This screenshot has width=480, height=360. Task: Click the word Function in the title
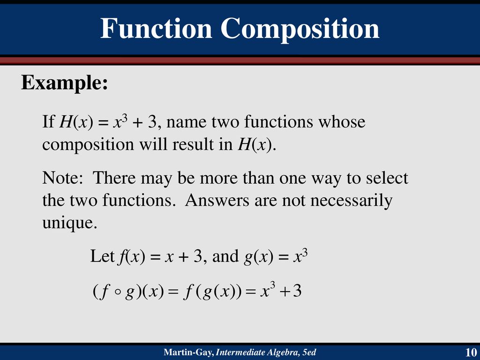point(156,28)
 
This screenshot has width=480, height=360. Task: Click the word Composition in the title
point(300,30)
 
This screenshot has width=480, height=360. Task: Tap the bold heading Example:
point(65,82)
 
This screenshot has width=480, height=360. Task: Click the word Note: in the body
point(62,178)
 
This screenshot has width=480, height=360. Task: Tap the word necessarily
point(352,201)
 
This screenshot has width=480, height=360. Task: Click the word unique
point(70,223)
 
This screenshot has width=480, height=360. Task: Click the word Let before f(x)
point(102,256)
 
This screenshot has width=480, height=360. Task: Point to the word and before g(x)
point(225,256)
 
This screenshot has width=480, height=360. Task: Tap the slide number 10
point(471,352)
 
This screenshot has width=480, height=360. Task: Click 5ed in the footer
point(309,352)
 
